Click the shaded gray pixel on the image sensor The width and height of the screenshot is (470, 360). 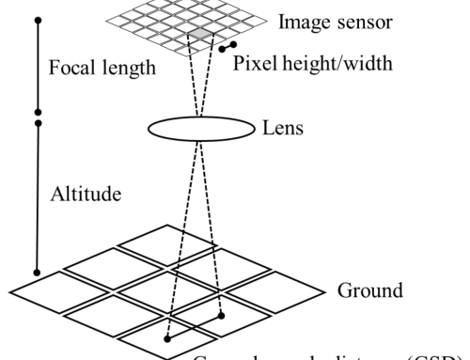click(203, 35)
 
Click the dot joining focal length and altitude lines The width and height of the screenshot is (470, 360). click(37, 120)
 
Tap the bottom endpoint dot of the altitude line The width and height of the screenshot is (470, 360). click(37, 273)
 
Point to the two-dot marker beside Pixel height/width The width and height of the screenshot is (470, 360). click(227, 44)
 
